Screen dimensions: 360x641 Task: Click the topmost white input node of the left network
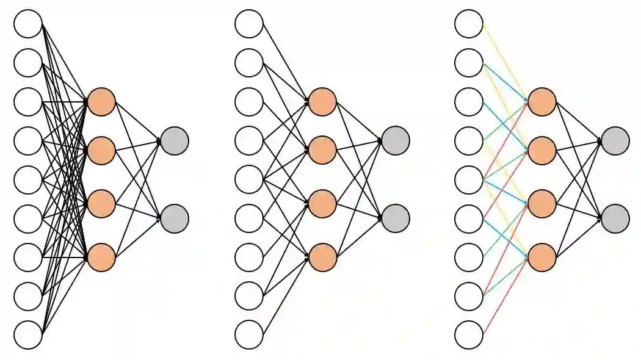tap(28, 24)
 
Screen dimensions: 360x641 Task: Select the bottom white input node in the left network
tap(28, 335)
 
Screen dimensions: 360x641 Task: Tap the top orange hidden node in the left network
tap(101, 102)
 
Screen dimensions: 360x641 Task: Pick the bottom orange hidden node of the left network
tap(101, 257)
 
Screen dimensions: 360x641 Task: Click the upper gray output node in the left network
tap(175, 141)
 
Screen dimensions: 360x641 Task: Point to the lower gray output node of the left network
tap(175, 218)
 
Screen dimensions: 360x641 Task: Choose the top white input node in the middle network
tap(249, 24)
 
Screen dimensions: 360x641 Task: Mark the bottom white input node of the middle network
tap(249, 335)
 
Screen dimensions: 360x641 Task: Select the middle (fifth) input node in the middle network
tap(249, 179)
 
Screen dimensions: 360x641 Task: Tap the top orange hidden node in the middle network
tap(322, 102)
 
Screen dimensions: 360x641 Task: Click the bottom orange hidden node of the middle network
tap(322, 257)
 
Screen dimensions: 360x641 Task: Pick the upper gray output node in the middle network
tap(396, 141)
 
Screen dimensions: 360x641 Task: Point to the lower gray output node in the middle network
tap(396, 218)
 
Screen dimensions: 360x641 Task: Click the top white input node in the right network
tap(469, 24)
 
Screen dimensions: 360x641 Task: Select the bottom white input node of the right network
tap(469, 335)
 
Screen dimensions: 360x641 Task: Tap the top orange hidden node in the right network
tap(542, 102)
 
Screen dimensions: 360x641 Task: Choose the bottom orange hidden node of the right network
tap(542, 257)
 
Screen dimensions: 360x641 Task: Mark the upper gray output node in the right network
tap(615, 141)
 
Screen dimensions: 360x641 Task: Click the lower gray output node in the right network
tap(615, 218)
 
